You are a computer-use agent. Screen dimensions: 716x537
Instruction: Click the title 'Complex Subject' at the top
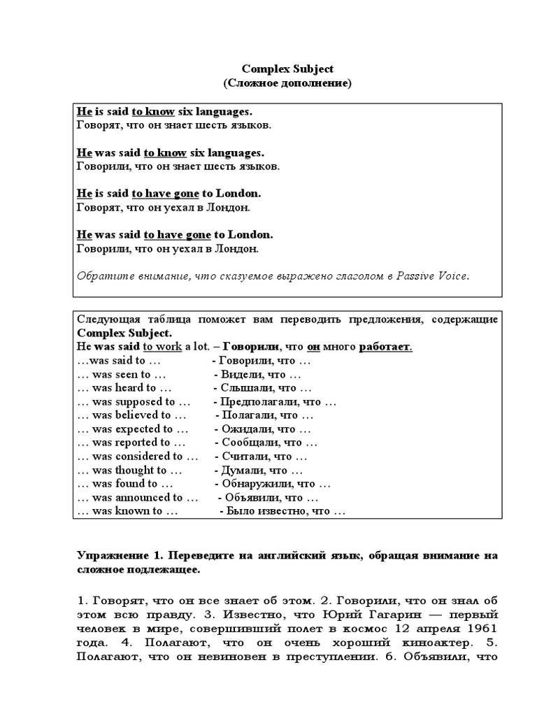[x=287, y=69]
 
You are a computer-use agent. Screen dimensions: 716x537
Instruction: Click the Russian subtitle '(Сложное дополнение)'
[x=287, y=83]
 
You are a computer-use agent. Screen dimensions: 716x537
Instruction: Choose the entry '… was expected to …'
[x=132, y=429]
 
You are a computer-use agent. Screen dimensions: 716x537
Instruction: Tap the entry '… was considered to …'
[x=136, y=456]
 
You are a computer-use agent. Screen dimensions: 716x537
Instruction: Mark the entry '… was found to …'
[x=125, y=483]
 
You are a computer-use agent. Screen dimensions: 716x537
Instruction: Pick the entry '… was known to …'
[x=127, y=511]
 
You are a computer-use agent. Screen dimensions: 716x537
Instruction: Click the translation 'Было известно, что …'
[x=283, y=511]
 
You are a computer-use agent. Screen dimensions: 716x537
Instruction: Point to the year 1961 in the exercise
[x=482, y=627]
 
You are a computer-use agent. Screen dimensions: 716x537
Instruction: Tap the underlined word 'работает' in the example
[x=385, y=347]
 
